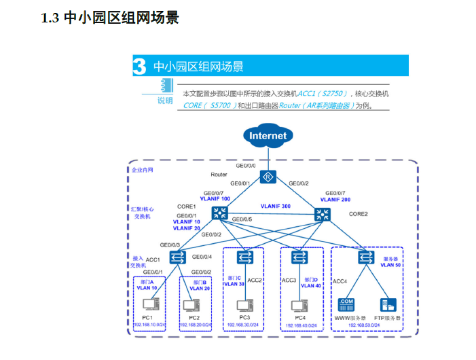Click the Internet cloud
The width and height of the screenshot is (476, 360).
268,135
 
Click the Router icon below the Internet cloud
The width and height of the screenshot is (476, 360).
268,178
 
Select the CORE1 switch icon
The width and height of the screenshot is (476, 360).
219,213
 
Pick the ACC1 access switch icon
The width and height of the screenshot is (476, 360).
178,257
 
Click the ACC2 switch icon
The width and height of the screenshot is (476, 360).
245,257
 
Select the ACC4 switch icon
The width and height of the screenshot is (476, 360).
366,257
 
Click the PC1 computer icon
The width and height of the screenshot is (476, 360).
147,304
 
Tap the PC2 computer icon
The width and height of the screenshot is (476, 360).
194,304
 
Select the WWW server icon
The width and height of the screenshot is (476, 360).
346,305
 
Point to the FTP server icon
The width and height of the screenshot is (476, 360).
388,305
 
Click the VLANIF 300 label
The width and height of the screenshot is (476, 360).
275,206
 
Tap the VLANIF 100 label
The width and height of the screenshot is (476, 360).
215,199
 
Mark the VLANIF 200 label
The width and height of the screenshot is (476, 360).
335,200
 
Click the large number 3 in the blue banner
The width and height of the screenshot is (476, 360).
139,67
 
